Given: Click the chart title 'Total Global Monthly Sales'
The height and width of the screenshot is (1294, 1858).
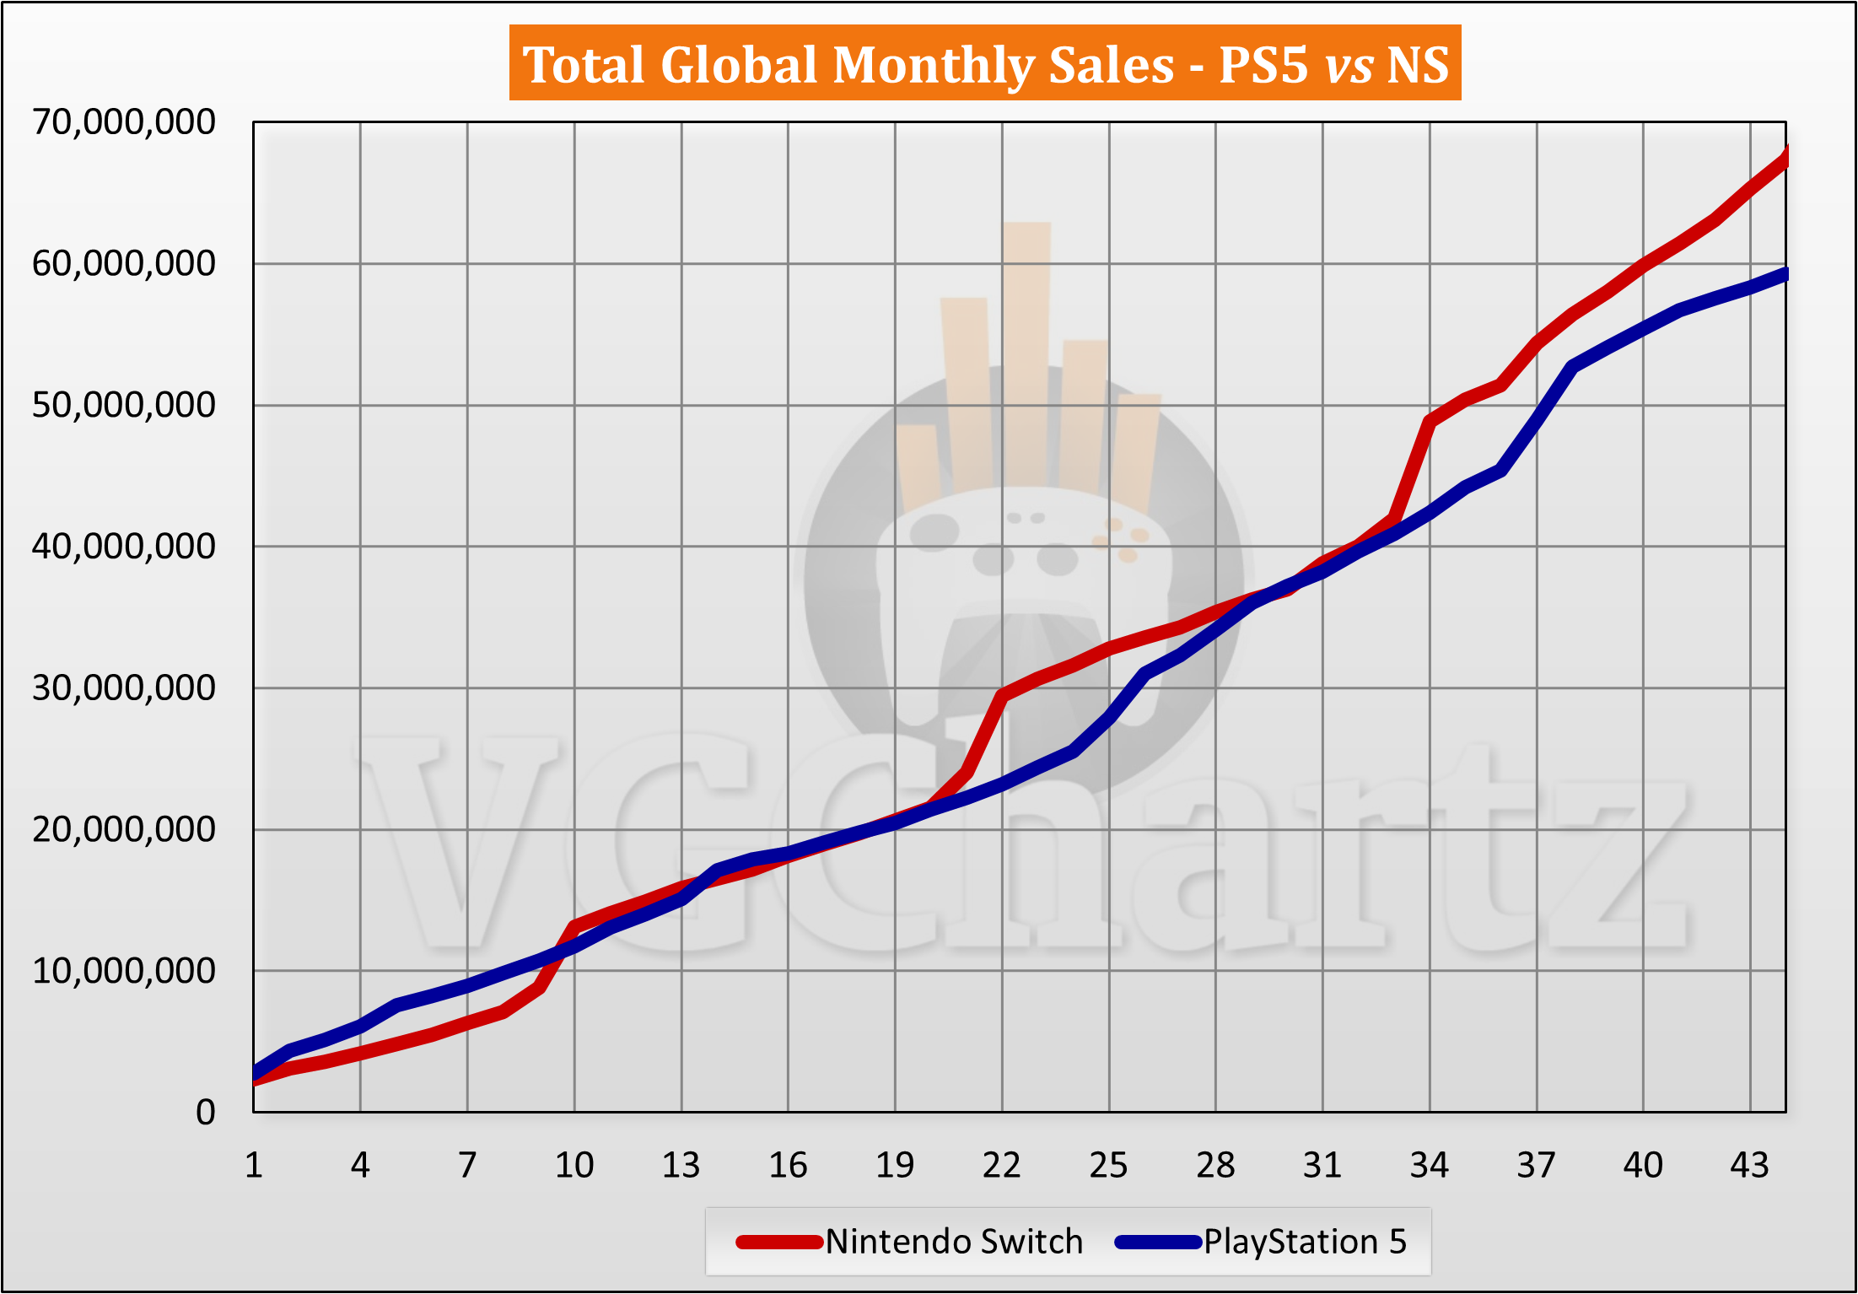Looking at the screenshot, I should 847,65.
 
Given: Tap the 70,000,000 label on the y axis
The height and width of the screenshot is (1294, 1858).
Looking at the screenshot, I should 124,122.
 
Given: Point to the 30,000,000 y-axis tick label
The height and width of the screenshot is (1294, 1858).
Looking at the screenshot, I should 124,688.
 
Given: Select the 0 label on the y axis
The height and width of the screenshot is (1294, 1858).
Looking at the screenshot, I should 206,1113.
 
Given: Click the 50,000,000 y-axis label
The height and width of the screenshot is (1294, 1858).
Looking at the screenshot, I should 124,406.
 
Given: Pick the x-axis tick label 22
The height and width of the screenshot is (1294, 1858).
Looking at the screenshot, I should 1002,1166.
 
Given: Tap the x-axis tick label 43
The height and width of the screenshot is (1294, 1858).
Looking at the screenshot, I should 1750,1166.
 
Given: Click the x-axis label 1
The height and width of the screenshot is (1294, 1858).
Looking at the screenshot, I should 254,1166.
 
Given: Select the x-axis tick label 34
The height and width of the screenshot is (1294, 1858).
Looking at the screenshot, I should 1430,1166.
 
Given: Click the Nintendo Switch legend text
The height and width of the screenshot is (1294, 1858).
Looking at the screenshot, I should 954,1242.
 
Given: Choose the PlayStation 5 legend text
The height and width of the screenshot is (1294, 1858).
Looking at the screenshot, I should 1305,1242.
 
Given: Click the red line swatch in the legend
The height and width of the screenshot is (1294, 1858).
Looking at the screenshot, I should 779,1242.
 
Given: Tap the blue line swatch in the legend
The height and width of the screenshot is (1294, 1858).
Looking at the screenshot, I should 1157,1242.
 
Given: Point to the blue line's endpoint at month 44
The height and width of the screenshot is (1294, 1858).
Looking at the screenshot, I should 1785,274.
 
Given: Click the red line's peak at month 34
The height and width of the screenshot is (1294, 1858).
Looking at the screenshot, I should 1430,420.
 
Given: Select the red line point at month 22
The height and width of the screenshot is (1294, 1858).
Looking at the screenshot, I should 1002,695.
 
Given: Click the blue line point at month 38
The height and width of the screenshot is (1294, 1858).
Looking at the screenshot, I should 1572,366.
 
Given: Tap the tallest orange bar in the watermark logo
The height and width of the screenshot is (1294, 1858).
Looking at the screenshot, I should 1027,354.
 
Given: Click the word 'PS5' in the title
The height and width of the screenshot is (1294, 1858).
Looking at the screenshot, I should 1263,65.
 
